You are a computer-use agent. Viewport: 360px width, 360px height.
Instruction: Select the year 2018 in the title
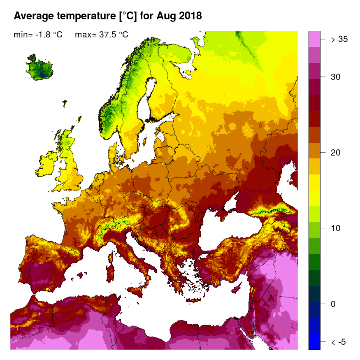pyautogui.click(x=188, y=16)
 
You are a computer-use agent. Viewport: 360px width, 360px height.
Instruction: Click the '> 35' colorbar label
pyautogui.click(x=339, y=39)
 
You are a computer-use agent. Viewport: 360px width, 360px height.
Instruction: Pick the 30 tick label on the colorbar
pyautogui.click(x=336, y=77)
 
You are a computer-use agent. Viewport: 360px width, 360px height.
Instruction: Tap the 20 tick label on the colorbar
pyautogui.click(x=336, y=153)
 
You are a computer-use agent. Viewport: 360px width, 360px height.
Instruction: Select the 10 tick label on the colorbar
pyautogui.click(x=336, y=228)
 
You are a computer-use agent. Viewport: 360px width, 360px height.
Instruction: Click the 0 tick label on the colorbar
pyautogui.click(x=333, y=304)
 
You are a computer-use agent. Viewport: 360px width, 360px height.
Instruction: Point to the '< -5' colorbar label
pyautogui.click(x=339, y=342)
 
